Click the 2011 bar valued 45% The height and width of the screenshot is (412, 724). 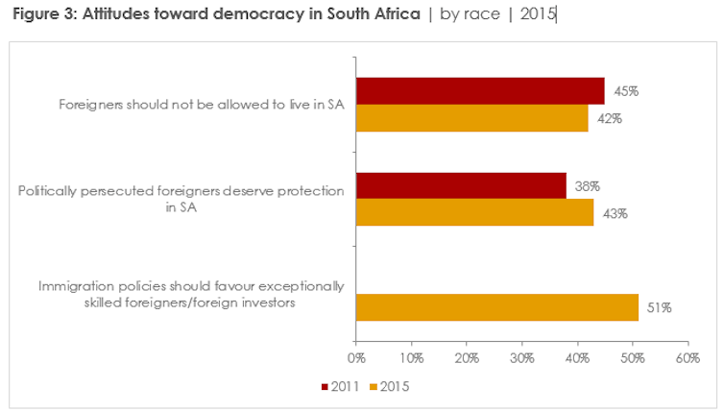pos(480,90)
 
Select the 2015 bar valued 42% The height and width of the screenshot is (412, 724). pos(471,118)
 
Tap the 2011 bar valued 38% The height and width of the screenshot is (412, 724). pos(461,185)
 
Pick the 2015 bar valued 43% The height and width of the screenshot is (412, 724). pos(474,212)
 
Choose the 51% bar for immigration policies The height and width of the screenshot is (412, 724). pos(496,307)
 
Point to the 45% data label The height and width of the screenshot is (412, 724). pos(626,91)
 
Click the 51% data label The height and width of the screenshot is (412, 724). pos(659,308)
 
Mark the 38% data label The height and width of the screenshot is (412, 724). pos(588,186)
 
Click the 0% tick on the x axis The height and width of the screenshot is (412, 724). pos(356,359)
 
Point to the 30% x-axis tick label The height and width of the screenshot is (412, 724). pos(521,359)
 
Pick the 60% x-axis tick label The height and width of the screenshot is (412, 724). pos(688,359)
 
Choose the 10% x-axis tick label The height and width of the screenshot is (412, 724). pos(411,359)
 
